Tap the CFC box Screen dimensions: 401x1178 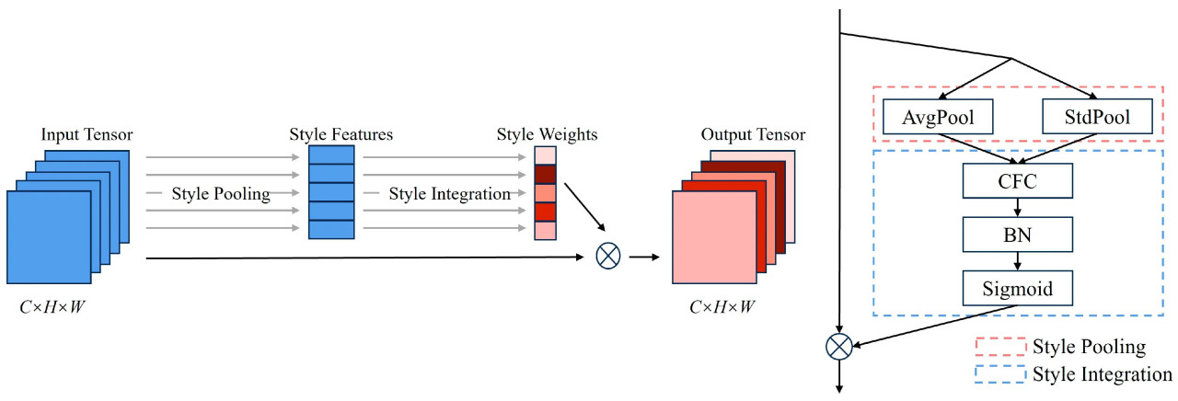tap(1017, 180)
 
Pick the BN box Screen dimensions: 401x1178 tap(1017, 235)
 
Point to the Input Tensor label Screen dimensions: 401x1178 tap(87, 135)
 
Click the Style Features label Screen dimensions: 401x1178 tap(341, 135)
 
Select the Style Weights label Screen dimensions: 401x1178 tap(547, 135)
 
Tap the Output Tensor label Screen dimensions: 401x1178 tap(753, 135)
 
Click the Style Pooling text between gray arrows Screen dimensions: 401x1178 tap(221, 194)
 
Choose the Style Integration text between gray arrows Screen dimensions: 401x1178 tap(449, 194)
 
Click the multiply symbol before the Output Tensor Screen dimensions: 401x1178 tap(608, 256)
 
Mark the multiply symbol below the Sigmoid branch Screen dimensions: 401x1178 tap(838, 347)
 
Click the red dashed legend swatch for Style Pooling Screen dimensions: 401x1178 tap(999, 347)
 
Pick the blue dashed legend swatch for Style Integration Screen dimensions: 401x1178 tap(999, 374)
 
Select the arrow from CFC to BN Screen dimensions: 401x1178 tap(1017, 208)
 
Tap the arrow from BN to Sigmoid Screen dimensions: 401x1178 tap(1017, 262)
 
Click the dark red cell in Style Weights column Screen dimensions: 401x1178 tap(546, 174)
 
